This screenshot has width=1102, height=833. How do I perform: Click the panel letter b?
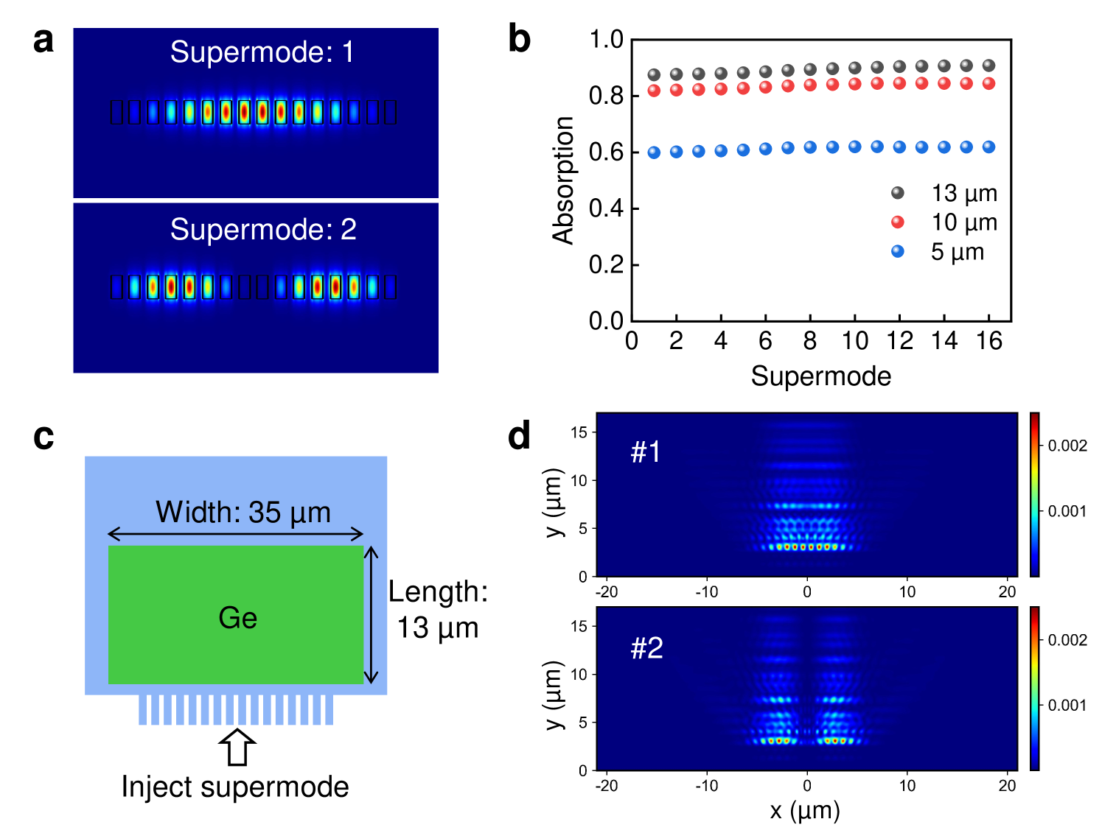coord(519,39)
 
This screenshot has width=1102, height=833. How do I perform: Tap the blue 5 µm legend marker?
coord(897,251)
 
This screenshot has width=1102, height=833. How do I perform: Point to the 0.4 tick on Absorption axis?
coord(605,208)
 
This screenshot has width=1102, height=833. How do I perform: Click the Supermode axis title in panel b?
coord(820,376)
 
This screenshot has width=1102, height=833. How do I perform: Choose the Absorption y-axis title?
coord(563,180)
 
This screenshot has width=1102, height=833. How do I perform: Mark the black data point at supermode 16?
coord(988,66)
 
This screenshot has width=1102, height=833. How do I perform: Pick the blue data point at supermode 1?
coord(654,152)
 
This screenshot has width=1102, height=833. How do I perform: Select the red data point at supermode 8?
coord(810,85)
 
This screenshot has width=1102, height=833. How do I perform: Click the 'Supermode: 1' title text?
coord(262,52)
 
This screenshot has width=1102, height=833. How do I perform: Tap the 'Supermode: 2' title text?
coord(263,230)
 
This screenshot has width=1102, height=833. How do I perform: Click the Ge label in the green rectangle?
coord(237,618)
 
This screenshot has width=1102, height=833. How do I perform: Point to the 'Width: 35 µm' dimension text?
coord(243,512)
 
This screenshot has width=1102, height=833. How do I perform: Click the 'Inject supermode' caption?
coord(235,787)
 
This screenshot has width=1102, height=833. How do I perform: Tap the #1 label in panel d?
coord(646,451)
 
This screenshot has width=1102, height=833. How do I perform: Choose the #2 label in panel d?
coord(646,648)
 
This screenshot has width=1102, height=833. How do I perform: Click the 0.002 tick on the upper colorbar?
coord(1067,446)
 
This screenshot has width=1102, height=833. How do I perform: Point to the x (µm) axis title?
coord(805,811)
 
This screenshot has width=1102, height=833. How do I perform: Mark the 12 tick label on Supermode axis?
coord(899,341)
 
